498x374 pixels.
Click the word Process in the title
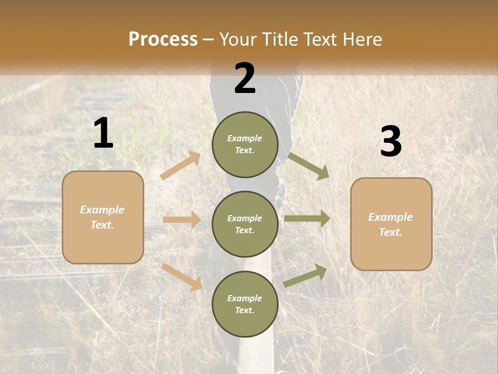[x=163, y=39]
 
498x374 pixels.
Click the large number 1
[x=103, y=133]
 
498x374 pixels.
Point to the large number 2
[x=245, y=78]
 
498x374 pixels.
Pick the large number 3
[x=391, y=141]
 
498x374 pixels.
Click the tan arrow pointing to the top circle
[x=181, y=166]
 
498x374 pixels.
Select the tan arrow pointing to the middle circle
[x=182, y=220]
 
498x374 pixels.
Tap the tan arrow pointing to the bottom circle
[x=182, y=277]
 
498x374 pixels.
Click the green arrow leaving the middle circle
[x=307, y=219]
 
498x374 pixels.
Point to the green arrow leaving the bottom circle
[x=305, y=276]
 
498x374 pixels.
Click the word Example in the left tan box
[x=102, y=210]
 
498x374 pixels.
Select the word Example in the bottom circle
[x=244, y=298]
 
